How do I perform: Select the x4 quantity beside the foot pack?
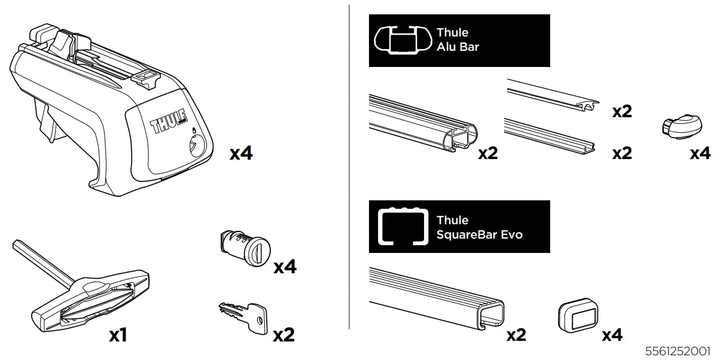[241, 154]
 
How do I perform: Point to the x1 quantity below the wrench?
[118, 335]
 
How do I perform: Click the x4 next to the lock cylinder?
[285, 267]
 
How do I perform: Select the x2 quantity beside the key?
[283, 335]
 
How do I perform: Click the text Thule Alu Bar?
[457, 39]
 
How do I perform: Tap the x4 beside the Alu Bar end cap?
[700, 153]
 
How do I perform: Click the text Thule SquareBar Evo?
[479, 227]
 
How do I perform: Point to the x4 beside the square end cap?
[612, 335]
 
